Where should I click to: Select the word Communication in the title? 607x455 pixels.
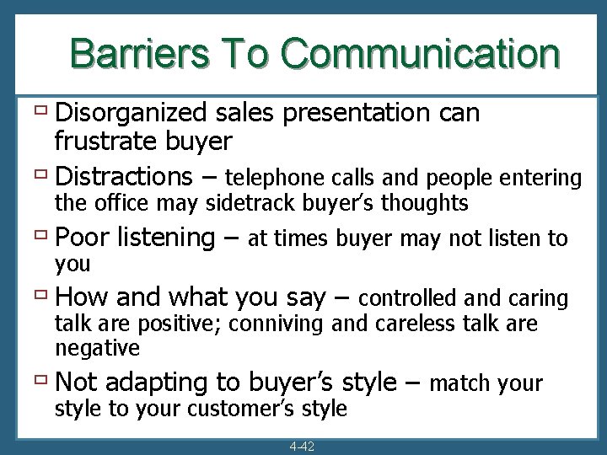pyautogui.click(x=420, y=52)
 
